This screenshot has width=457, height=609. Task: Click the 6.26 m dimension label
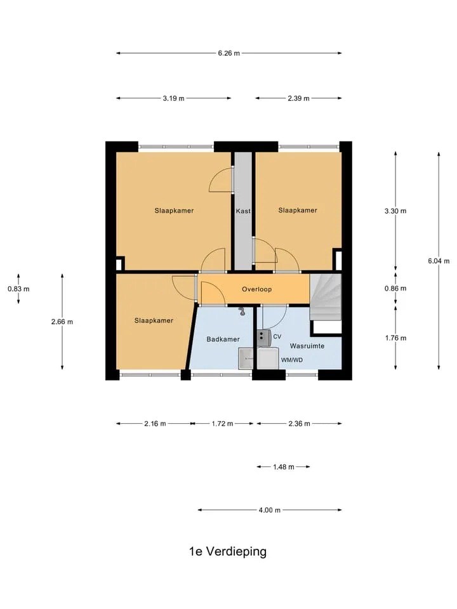[228, 53]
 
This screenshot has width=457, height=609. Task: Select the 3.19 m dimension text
[173, 98]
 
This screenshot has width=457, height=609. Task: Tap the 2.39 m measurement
[298, 98]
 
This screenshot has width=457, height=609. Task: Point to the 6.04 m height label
[439, 261]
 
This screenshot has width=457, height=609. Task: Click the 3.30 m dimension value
[395, 211]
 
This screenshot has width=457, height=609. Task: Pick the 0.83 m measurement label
[18, 289]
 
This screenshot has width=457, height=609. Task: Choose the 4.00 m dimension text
[269, 510]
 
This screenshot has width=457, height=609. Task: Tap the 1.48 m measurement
[283, 467]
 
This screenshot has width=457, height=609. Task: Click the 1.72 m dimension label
[222, 424]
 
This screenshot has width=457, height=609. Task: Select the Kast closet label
[243, 211]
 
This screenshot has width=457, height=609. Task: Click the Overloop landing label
[256, 289]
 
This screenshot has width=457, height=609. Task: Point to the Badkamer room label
[223, 339]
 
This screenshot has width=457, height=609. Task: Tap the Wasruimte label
[307, 346]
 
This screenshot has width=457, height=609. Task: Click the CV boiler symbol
[264, 336]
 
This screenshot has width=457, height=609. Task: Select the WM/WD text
[292, 360]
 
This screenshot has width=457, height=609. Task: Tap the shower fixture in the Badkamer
[242, 311]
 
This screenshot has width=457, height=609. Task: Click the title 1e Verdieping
[228, 551]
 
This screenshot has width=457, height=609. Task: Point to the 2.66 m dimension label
[62, 322]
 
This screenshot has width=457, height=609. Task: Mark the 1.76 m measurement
[395, 338]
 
